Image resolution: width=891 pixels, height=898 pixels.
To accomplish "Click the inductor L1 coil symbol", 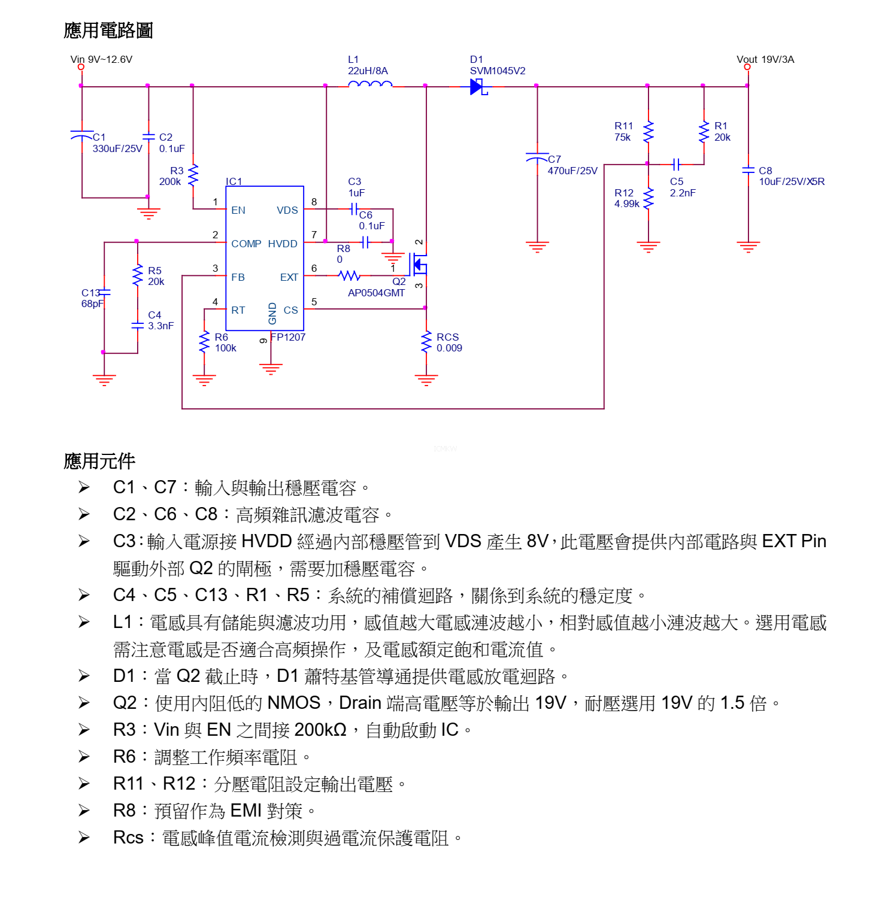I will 369,85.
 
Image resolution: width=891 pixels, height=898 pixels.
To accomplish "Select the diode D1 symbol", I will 478,87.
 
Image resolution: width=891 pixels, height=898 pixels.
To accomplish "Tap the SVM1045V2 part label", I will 498,71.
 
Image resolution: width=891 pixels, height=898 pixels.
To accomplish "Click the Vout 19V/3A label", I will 765,59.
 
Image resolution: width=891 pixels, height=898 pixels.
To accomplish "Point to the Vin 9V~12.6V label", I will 101,59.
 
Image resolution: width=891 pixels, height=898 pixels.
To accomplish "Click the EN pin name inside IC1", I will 238,210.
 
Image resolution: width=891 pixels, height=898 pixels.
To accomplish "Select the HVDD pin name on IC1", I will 283,244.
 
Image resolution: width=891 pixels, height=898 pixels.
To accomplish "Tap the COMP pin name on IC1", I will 246,244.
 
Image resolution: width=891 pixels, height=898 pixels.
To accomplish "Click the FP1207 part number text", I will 288,337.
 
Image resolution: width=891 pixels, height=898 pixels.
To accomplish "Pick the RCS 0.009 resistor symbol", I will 426,342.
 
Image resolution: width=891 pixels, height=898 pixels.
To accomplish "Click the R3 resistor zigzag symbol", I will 193,175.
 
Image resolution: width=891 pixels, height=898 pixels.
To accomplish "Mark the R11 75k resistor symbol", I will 648,132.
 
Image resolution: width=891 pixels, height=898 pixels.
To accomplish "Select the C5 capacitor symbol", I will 675,164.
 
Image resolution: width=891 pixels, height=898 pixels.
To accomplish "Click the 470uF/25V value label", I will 572,171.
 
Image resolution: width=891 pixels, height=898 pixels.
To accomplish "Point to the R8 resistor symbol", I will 350,275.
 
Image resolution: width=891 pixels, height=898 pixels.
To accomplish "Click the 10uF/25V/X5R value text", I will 792,181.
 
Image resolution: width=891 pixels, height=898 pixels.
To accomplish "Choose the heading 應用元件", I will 99,461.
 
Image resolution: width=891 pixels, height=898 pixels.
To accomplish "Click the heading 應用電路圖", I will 108,30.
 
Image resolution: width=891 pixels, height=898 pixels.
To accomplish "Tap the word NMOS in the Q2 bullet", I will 293,702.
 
